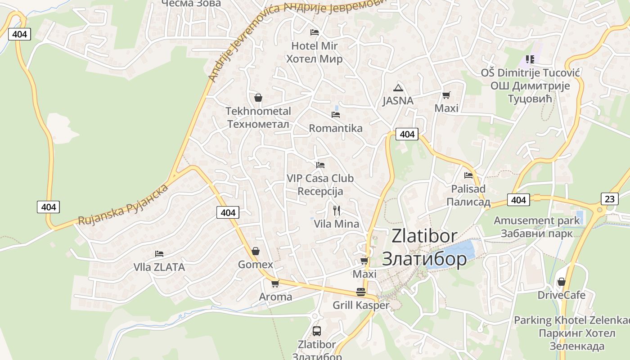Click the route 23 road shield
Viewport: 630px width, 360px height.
(x=609, y=199)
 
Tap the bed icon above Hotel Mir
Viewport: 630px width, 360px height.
(x=315, y=32)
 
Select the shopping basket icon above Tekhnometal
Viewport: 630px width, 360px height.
(x=258, y=97)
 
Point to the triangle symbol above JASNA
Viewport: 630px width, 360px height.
(x=398, y=88)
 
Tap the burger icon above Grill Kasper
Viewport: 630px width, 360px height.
(x=360, y=292)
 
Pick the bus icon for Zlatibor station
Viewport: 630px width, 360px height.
(x=317, y=331)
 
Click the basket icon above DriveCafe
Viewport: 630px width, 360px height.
(x=561, y=282)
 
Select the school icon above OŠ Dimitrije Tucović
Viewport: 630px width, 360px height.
(x=530, y=59)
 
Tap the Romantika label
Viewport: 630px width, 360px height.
(x=335, y=128)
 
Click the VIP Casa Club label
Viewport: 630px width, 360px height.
(x=320, y=179)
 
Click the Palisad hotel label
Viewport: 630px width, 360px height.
(x=468, y=189)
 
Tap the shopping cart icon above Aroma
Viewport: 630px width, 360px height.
(x=275, y=283)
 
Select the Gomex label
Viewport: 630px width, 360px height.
(x=255, y=265)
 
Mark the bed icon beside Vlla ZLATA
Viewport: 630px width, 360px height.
(x=159, y=254)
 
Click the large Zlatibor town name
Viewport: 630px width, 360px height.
(x=424, y=236)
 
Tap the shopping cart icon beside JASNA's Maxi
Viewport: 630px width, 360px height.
(x=446, y=95)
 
